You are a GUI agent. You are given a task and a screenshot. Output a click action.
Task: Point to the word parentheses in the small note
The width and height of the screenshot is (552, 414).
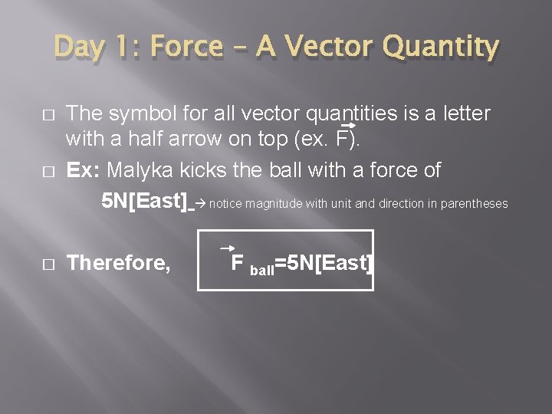471,203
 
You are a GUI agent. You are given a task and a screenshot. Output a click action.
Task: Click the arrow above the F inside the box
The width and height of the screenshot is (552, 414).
227,248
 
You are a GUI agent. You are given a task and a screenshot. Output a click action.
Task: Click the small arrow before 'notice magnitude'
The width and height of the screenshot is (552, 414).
200,203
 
